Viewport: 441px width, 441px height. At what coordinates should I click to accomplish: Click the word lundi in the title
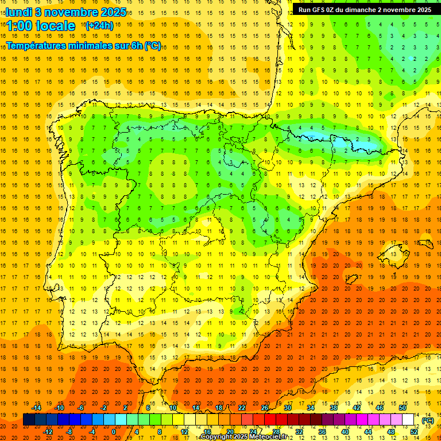(18, 11)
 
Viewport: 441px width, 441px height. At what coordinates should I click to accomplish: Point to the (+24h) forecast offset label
(99, 26)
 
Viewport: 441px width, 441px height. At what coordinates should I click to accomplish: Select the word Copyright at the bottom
(216, 437)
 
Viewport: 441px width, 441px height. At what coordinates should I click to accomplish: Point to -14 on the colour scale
(36, 408)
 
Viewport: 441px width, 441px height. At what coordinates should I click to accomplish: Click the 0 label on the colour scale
(114, 432)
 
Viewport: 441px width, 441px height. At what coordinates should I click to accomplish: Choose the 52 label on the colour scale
(414, 432)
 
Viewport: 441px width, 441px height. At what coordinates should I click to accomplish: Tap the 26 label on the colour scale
(265, 408)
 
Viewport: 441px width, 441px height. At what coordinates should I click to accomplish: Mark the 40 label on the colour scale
(345, 432)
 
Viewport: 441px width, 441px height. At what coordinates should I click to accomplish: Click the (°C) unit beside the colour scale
(427, 420)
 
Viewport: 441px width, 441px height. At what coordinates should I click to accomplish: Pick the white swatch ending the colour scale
(408, 420)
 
